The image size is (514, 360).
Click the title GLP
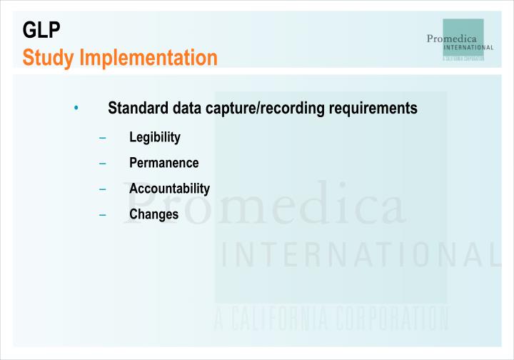(42, 30)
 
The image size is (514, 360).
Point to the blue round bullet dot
(76, 109)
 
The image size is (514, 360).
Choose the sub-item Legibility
(154, 137)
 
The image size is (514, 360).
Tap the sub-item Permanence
(163, 163)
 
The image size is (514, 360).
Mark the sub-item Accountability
(169, 189)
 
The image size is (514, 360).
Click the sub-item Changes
(153, 214)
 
